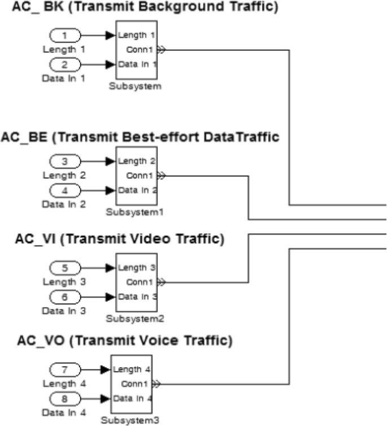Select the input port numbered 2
pyautogui.click(x=64, y=65)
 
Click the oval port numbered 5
pyautogui.click(x=64, y=267)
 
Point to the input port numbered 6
pyautogui.click(x=64, y=297)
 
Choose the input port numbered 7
pyautogui.click(x=64, y=370)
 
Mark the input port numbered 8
pyautogui.click(x=64, y=399)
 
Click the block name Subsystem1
pyautogui.click(x=134, y=212)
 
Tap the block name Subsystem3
pyautogui.click(x=131, y=420)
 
